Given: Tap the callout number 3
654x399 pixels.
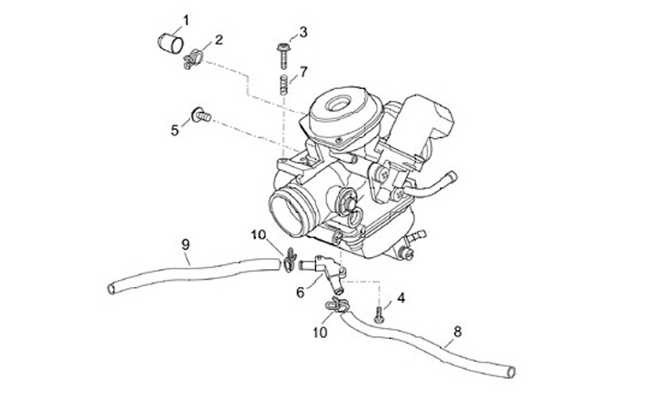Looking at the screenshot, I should tap(303, 32).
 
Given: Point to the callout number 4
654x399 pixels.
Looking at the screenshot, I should tap(401, 297).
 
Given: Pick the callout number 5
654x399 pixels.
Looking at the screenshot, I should tap(175, 130).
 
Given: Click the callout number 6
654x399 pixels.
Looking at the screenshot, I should tap(301, 292).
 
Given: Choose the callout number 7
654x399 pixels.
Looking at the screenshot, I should tap(304, 71).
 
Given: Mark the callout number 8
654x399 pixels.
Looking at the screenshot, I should tap(457, 332).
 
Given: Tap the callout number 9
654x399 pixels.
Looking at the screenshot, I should tap(185, 244).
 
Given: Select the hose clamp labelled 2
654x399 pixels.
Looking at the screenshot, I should tap(192, 61).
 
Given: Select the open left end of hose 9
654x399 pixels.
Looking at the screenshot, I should tap(111, 288).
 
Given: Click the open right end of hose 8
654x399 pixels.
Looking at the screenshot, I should tap(512, 371).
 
